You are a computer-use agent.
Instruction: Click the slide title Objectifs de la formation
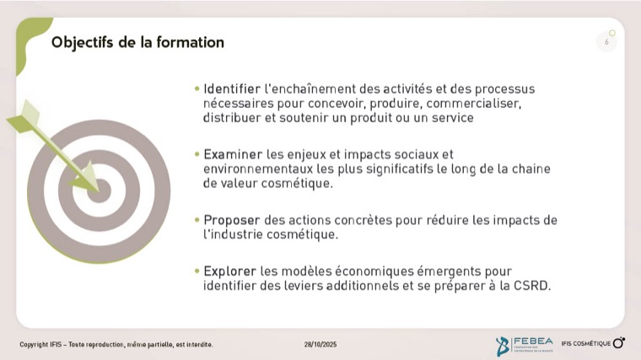point(137,43)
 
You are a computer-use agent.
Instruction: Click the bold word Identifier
point(232,89)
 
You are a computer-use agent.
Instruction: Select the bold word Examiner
point(233,154)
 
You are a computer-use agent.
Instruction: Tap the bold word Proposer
point(231,221)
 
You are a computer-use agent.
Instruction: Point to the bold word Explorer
point(229,271)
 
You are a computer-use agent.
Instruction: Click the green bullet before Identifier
point(197,89)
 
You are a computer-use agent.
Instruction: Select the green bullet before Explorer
point(197,271)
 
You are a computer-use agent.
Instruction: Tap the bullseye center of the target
point(99,191)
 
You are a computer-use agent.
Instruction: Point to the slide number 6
point(606,41)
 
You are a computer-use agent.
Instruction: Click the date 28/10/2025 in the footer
point(320,345)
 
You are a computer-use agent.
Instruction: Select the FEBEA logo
point(524,346)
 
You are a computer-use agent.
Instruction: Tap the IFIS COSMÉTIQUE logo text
point(586,344)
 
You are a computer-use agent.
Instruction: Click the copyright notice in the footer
point(116,345)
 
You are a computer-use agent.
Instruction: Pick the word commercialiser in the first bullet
point(474,104)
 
